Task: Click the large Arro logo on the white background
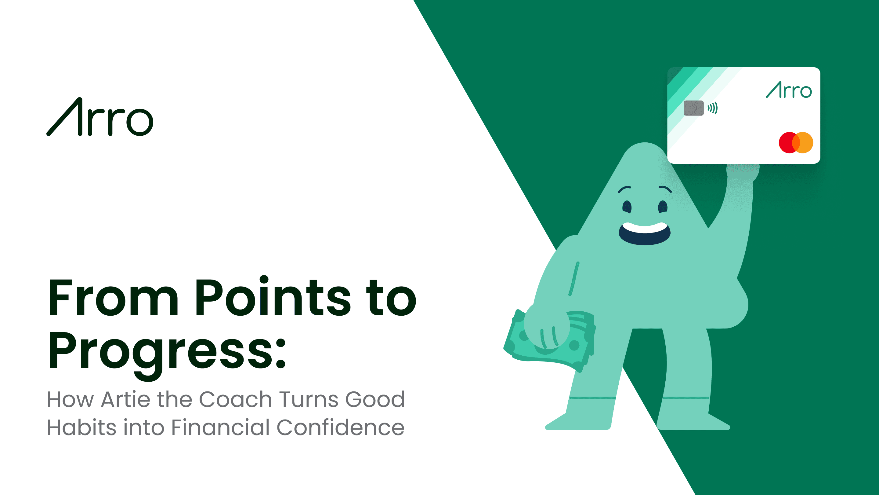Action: (x=99, y=117)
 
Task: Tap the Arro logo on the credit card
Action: (x=789, y=90)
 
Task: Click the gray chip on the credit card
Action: (x=693, y=108)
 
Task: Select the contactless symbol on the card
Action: (x=712, y=108)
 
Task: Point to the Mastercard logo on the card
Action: (x=796, y=142)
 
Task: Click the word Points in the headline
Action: (x=272, y=297)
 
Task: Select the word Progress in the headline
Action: (x=160, y=352)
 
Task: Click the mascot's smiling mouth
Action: (x=644, y=234)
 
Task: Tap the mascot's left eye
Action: (x=627, y=207)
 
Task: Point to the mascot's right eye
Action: (x=663, y=207)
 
